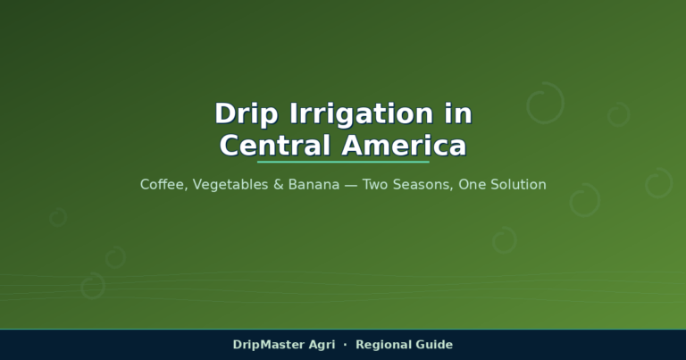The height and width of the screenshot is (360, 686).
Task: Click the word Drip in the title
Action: point(247,114)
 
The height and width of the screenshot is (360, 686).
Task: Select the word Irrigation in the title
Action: point(362,114)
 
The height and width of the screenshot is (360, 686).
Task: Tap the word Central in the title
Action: point(275,146)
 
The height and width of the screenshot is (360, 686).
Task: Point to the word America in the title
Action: point(405,146)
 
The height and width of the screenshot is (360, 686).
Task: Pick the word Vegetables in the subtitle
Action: point(230,185)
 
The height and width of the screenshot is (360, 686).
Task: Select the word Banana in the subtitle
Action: point(314,185)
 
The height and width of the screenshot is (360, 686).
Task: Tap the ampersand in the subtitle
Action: point(279,185)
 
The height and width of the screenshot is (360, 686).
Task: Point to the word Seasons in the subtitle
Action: point(423,185)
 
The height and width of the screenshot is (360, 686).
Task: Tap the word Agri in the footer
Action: point(322,345)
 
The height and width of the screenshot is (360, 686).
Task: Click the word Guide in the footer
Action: point(434,345)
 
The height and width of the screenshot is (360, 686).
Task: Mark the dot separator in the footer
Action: point(345,345)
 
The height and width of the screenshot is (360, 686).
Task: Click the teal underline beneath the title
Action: point(343,162)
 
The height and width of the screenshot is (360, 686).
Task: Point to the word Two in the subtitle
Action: point(375,185)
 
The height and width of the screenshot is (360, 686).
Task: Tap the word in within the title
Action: point(458,113)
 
